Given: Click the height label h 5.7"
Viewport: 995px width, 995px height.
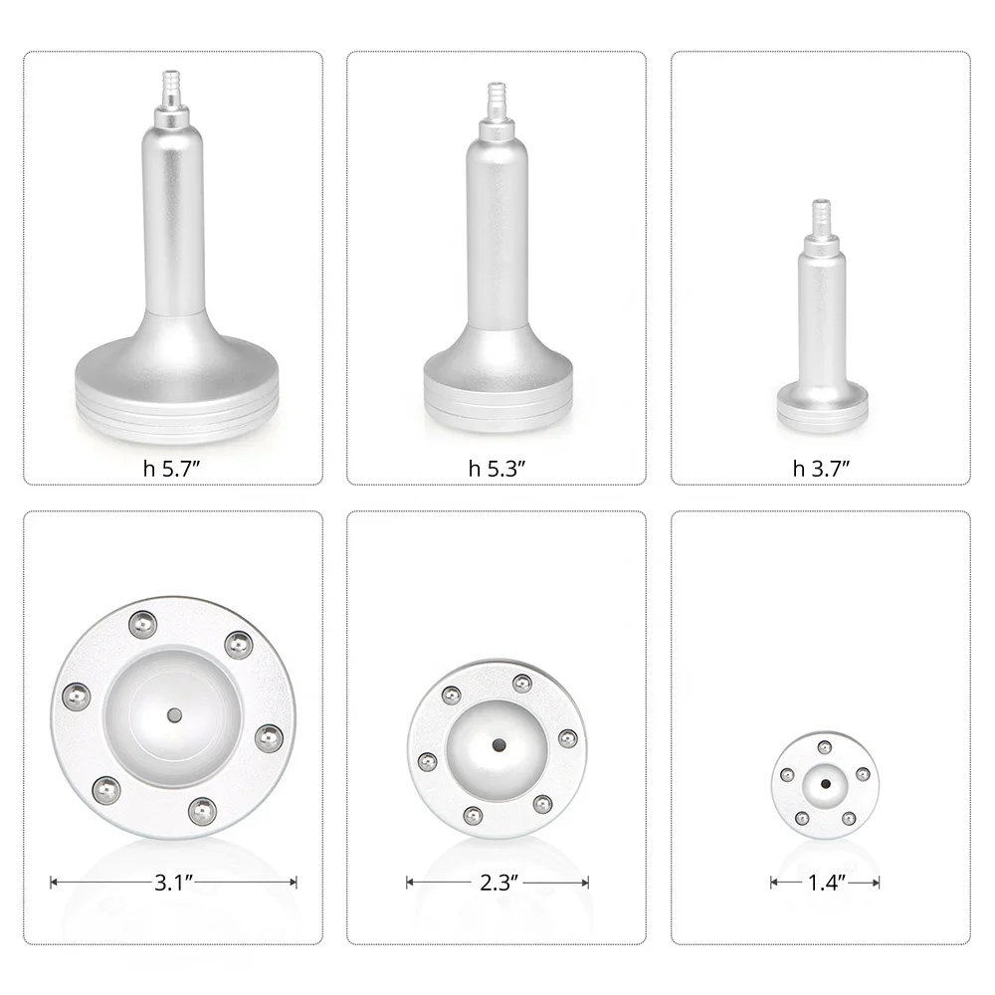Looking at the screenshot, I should click(172, 469).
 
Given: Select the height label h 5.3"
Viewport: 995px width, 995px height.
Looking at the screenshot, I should click(497, 469).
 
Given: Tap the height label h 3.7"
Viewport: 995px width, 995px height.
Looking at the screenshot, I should click(821, 469).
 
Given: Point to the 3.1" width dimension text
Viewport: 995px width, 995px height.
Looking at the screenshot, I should click(173, 882).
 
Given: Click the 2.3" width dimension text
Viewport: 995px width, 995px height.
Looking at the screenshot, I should click(497, 882).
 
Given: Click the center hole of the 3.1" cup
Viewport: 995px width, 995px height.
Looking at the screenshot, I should click(174, 715).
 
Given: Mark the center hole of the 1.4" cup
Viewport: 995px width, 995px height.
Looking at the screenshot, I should click(825, 784).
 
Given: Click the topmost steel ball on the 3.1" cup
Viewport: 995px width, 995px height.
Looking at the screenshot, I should click(142, 624).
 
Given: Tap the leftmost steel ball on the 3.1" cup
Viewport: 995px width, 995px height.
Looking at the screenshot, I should click(77, 696).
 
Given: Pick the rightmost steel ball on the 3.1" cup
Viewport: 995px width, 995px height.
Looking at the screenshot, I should click(269, 738).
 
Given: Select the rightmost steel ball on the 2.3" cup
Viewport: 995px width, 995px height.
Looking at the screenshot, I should click(567, 738).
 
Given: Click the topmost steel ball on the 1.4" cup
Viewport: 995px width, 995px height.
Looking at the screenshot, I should click(824, 747).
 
